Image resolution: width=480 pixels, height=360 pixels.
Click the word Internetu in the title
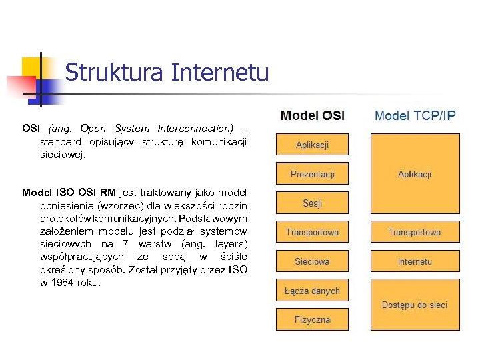[x=220, y=72]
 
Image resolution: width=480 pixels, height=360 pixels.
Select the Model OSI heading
[x=313, y=115]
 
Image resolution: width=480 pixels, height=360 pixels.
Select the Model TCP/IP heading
[x=415, y=115]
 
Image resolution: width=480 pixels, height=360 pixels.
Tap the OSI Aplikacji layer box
[x=312, y=145]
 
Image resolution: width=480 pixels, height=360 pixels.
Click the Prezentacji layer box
[x=312, y=175]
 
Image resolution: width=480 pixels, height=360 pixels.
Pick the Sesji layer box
[x=312, y=203]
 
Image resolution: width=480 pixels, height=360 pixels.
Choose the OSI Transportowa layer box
[x=312, y=232]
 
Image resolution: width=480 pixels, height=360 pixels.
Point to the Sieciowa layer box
[x=312, y=261]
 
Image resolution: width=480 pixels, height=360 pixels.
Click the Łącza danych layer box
[x=312, y=291]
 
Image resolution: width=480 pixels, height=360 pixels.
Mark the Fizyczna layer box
[x=312, y=320]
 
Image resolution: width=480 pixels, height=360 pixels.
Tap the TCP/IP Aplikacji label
[x=415, y=174]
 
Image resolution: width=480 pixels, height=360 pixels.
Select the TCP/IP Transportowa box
[x=415, y=232]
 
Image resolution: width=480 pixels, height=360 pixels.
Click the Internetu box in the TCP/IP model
[x=415, y=261]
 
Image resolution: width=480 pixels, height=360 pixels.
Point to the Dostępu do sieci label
[x=415, y=305]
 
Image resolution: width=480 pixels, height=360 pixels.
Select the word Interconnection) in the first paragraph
[x=195, y=128]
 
